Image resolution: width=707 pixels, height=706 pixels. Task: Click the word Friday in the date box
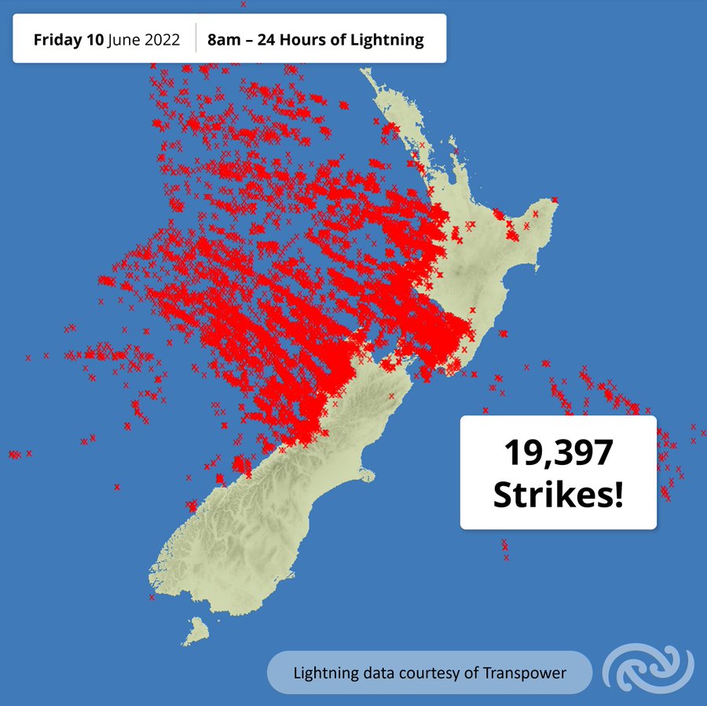click(x=58, y=39)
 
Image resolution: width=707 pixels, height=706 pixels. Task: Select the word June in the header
click(x=126, y=39)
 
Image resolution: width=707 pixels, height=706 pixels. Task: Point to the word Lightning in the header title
click(x=388, y=39)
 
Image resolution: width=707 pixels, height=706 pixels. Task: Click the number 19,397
click(x=558, y=454)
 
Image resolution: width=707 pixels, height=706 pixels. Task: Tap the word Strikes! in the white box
click(x=558, y=495)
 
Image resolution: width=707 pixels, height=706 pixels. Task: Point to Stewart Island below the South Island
click(x=197, y=629)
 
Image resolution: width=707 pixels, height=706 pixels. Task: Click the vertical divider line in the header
click(x=196, y=38)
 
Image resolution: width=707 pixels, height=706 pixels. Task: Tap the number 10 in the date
click(x=95, y=39)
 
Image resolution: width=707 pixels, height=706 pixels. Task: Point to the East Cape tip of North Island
click(x=555, y=200)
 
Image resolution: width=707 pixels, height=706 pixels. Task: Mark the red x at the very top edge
click(x=244, y=4)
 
